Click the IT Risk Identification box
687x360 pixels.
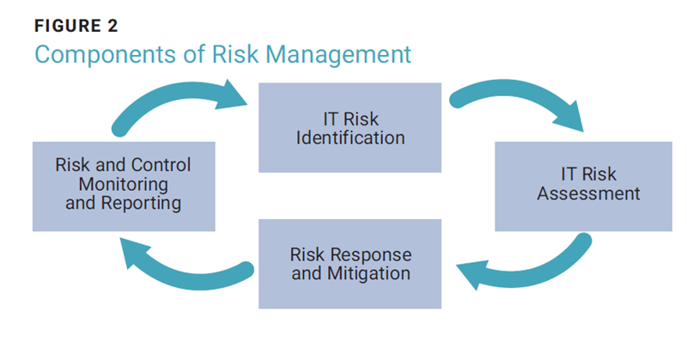pyautogui.click(x=350, y=128)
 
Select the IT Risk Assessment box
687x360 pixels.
pyautogui.click(x=583, y=186)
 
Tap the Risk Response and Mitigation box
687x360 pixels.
pyautogui.click(x=350, y=264)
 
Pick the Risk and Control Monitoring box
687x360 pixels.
pyautogui.click(x=124, y=186)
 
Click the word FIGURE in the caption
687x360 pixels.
pyautogui.click(x=68, y=26)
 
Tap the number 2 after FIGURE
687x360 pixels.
pyautogui.click(x=112, y=26)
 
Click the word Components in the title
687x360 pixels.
pyautogui.click(x=106, y=55)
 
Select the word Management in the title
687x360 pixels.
pyautogui.click(x=338, y=55)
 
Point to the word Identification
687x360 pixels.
pyautogui.click(x=350, y=137)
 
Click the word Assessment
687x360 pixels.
pyautogui.click(x=588, y=193)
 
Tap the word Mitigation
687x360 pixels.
pyautogui.click(x=368, y=273)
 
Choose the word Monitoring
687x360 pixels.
pyautogui.click(x=123, y=184)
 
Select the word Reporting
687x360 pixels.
pyautogui.click(x=141, y=203)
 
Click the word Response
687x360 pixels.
pyautogui.click(x=371, y=255)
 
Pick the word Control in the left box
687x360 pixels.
pyautogui.click(x=161, y=165)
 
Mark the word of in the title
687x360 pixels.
pyautogui.click(x=195, y=55)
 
